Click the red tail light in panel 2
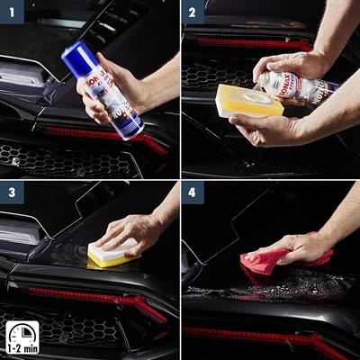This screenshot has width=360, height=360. click(x=252, y=43)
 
